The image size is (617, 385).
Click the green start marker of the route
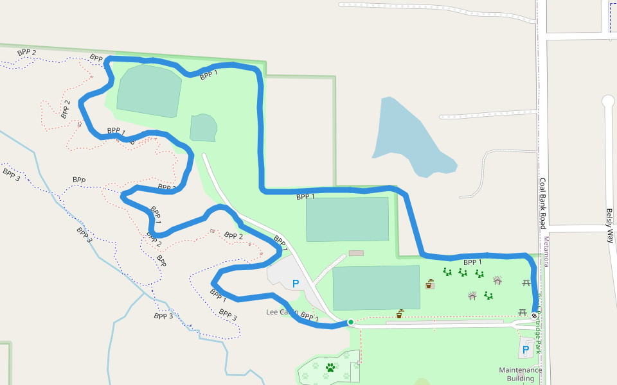(x=350, y=322)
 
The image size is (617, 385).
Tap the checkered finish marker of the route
(x=535, y=316)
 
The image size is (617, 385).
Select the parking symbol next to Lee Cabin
(x=296, y=283)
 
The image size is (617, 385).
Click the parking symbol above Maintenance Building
(x=526, y=350)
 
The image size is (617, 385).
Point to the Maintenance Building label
(x=520, y=374)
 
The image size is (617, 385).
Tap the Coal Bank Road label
(x=542, y=203)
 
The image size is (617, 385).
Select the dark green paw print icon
(x=330, y=368)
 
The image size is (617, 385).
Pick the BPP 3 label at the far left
(x=12, y=174)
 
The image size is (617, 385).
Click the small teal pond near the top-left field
(x=204, y=128)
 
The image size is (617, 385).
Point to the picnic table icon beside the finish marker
(x=523, y=312)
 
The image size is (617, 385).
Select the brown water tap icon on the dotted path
(x=400, y=314)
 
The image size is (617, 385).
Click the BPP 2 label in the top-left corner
(x=27, y=53)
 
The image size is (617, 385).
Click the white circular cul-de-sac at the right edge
(x=608, y=101)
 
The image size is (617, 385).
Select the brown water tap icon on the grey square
(x=429, y=284)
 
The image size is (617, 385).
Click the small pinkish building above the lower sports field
(x=355, y=253)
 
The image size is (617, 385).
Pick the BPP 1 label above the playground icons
(x=472, y=262)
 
